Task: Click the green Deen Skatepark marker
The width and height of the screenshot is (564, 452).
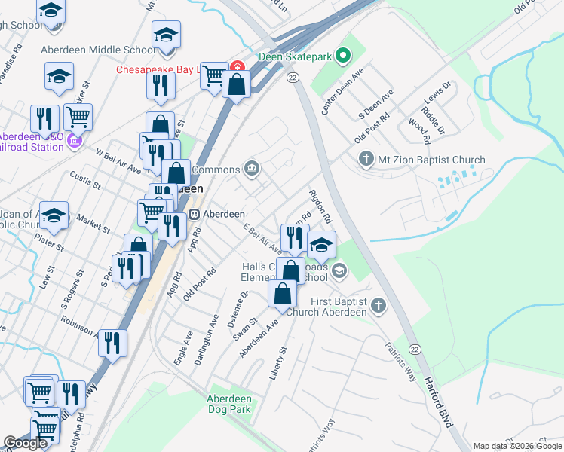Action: pos(344,55)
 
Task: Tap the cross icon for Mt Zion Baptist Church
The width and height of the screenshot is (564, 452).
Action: pos(366,160)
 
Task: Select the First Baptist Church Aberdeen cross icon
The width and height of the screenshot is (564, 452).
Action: pos(379,305)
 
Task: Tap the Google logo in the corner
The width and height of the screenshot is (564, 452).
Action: pos(25,443)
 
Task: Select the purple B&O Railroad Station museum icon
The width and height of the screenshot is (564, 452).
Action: pos(74,141)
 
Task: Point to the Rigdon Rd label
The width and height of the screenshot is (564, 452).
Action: pos(320,205)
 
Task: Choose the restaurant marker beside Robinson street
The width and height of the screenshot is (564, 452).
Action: pos(112,343)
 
